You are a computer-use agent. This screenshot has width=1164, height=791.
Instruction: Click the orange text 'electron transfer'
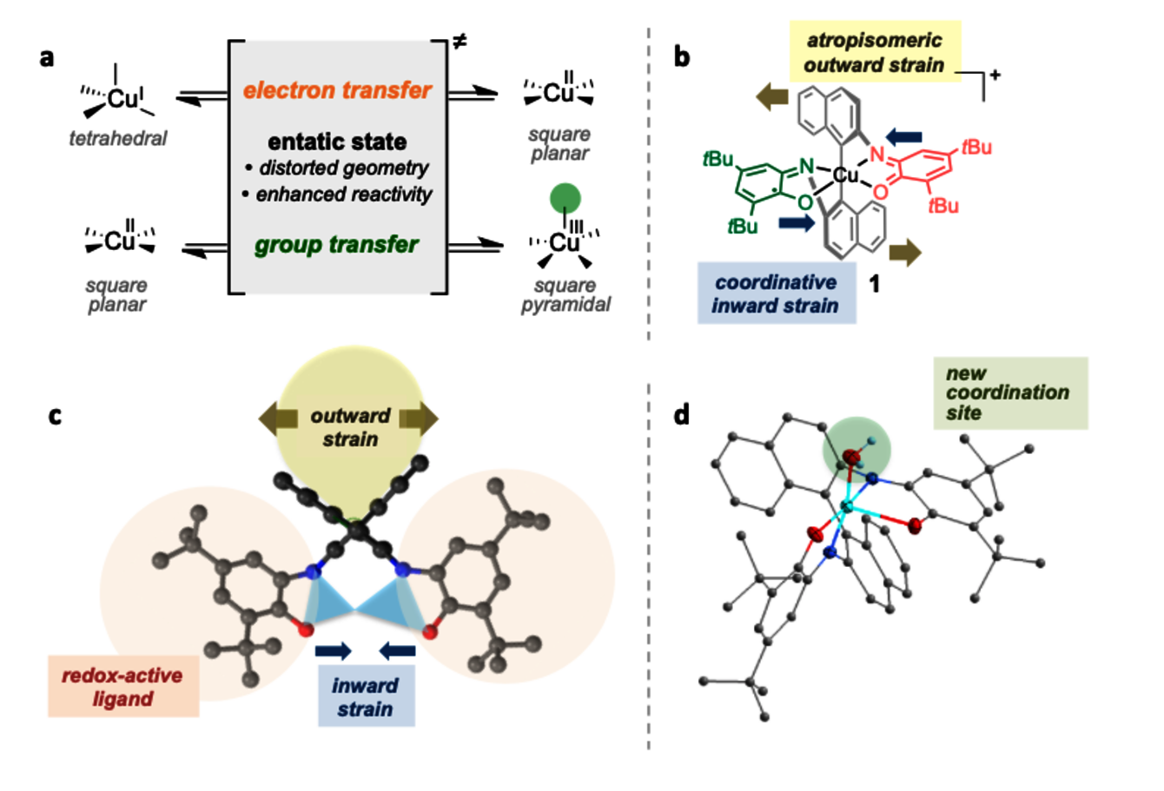pyautogui.click(x=337, y=90)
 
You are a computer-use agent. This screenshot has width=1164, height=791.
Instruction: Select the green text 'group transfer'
pyautogui.click(x=337, y=246)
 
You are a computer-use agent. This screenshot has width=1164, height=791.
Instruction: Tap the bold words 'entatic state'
pyautogui.click(x=337, y=142)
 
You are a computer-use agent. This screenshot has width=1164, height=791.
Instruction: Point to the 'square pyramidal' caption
pyautogui.click(x=565, y=295)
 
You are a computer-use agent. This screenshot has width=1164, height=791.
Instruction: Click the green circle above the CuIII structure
pyautogui.click(x=565, y=199)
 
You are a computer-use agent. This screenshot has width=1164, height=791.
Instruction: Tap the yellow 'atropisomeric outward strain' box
pyautogui.click(x=873, y=52)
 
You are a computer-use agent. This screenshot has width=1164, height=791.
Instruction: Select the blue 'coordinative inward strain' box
pyautogui.click(x=776, y=293)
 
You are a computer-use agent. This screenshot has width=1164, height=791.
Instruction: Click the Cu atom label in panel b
pyautogui.click(x=845, y=175)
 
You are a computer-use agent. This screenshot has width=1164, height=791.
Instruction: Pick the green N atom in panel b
pyautogui.click(x=806, y=165)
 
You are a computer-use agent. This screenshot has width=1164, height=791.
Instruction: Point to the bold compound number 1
pyautogui.click(x=875, y=283)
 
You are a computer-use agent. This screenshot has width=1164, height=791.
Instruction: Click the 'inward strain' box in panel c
pyautogui.click(x=366, y=697)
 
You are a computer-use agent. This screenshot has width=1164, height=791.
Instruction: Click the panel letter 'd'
pyautogui.click(x=682, y=415)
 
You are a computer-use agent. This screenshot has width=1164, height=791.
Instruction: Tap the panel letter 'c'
pyautogui.click(x=55, y=415)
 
